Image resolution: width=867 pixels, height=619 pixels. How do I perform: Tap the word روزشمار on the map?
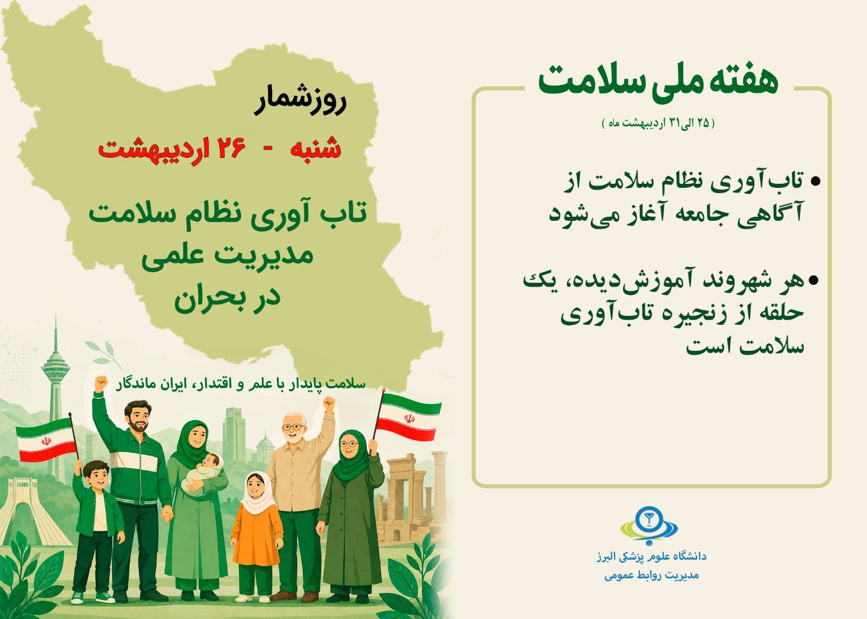pyautogui.click(x=301, y=102)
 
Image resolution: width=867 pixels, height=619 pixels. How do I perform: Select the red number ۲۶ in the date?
pyautogui.click(x=232, y=149)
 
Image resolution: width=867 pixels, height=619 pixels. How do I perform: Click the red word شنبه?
pyautogui.click(x=316, y=149)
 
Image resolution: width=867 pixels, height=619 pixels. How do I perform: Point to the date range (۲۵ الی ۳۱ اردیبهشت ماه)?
pyautogui.click(x=658, y=124)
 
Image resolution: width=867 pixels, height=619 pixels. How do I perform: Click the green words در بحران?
pyautogui.click(x=227, y=299)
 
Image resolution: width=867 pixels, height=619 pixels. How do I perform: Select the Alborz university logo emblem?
pyautogui.click(x=650, y=525)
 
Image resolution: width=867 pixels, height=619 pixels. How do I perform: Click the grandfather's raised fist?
pyautogui.click(x=329, y=403)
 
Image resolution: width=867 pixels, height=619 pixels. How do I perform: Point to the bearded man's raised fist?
pyautogui.click(x=101, y=383)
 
